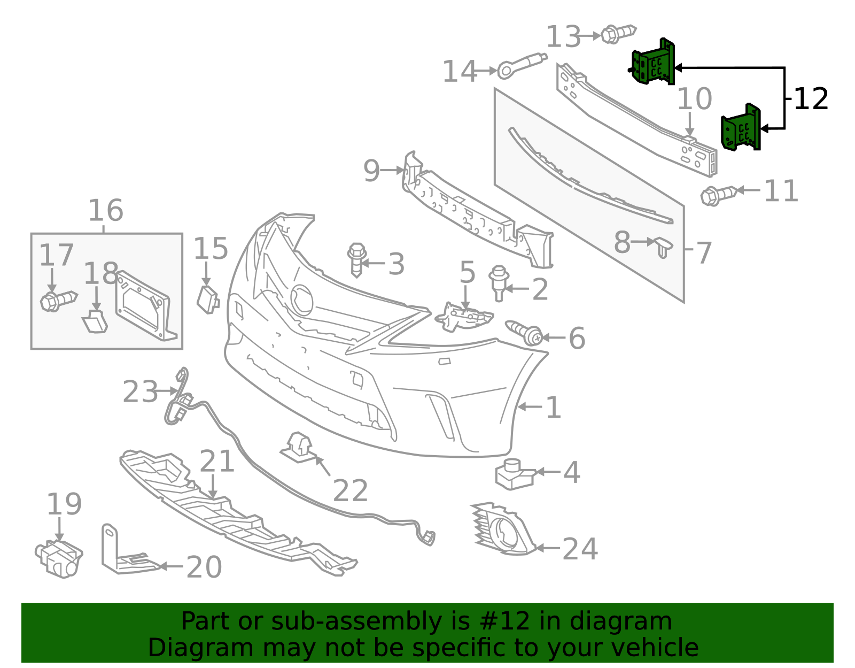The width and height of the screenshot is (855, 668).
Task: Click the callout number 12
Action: (811, 99)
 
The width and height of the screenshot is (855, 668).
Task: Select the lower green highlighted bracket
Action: (741, 128)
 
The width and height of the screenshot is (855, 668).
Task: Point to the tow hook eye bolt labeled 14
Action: (522, 65)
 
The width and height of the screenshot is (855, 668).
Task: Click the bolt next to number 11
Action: (718, 195)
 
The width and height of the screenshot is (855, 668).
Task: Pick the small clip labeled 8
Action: (663, 247)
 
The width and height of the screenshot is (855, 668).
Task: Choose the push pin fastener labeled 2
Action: (499, 283)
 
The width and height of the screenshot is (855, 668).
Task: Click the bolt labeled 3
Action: (357, 260)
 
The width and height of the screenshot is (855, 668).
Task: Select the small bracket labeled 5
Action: (464, 317)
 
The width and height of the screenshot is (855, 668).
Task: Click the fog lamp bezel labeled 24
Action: (503, 529)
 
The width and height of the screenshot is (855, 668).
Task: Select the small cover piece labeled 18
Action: (95, 321)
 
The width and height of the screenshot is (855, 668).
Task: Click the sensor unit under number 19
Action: (59, 559)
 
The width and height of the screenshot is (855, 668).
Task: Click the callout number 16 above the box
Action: (106, 210)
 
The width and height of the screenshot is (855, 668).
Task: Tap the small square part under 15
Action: (208, 300)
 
